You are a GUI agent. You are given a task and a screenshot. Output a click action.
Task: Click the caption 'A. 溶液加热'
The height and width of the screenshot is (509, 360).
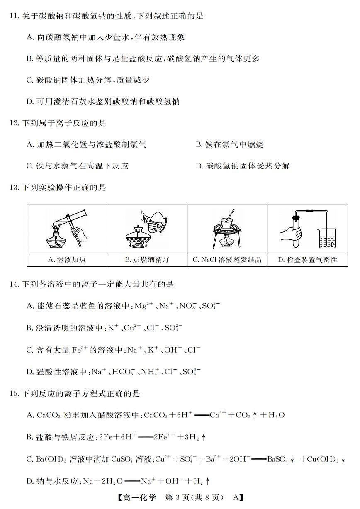67,260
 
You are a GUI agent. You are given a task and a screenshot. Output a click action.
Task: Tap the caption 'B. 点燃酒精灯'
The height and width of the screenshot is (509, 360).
147,260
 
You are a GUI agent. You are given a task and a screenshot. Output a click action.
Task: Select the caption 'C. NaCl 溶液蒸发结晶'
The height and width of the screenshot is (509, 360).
227,260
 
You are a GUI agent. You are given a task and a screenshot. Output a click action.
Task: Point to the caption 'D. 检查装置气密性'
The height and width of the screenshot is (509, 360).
307,260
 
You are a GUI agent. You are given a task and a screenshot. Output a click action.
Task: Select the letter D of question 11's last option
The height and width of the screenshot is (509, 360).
29,101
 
